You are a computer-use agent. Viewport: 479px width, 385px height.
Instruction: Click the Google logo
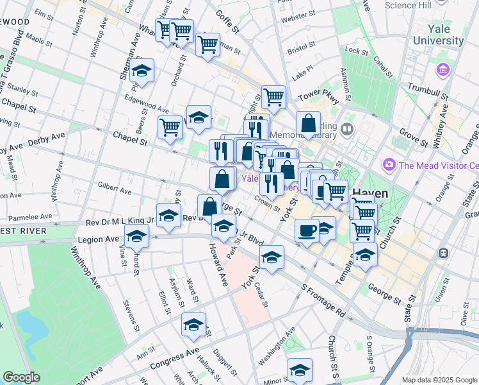(x=21, y=377)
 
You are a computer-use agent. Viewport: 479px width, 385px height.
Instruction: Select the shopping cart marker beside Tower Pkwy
(x=273, y=97)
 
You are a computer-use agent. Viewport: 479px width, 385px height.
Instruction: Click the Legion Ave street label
(x=99, y=239)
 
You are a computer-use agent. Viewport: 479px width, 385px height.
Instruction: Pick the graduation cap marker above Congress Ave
(x=193, y=324)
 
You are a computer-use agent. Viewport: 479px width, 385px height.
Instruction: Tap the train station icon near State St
(x=442, y=253)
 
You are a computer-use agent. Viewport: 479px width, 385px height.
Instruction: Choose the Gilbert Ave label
(x=114, y=188)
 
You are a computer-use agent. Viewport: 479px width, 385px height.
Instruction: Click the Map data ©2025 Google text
(x=439, y=380)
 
